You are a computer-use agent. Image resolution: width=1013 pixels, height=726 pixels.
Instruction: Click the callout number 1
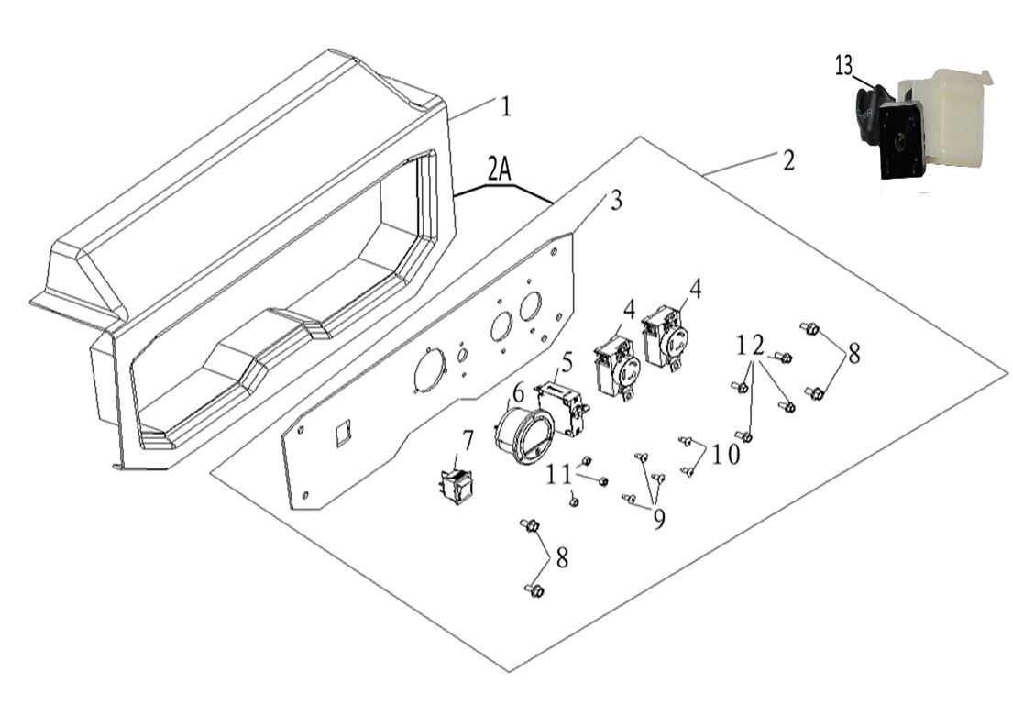504,106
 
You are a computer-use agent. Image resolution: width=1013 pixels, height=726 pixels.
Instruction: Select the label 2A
500,169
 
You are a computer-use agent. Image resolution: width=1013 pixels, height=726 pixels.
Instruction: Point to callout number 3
614,201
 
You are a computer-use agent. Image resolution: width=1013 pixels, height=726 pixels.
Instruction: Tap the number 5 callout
567,363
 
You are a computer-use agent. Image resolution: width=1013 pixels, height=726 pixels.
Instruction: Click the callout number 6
519,392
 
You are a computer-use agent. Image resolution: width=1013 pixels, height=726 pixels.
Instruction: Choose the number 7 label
468,441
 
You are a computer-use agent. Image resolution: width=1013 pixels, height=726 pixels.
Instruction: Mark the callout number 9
658,518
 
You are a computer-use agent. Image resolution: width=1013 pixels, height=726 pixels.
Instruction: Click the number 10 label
725,454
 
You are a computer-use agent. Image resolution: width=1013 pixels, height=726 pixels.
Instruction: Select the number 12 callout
750,345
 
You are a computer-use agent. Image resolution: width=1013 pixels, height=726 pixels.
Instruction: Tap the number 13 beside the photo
843,66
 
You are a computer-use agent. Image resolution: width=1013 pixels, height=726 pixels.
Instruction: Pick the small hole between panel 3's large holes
463,354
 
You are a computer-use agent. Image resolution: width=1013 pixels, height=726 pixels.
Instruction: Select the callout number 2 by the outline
788,160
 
